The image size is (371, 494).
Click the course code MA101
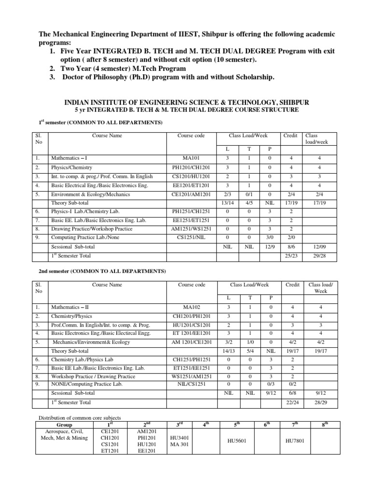(x=191, y=158)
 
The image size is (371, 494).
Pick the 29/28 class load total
(x=317, y=255)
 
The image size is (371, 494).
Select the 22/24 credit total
(x=291, y=402)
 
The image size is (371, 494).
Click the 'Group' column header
(x=65, y=424)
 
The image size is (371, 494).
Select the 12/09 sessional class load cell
(x=317, y=246)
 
